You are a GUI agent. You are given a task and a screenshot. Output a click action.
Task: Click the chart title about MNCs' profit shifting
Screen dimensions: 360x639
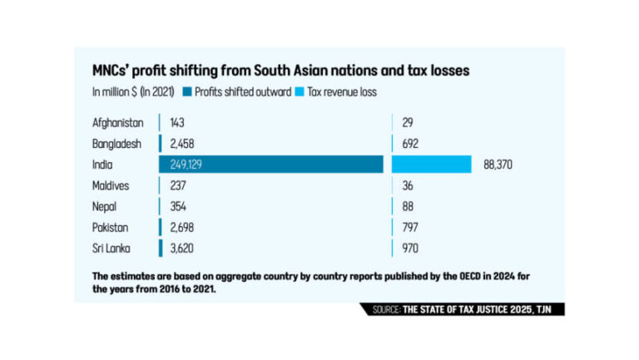(281, 71)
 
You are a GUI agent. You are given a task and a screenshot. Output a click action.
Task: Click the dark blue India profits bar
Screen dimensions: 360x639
(271, 165)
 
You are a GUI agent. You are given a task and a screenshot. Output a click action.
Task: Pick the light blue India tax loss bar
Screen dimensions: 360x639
(432, 165)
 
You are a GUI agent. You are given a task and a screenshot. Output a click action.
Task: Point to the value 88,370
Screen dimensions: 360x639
(498, 165)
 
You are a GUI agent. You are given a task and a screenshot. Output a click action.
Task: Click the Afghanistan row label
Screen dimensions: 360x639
(117, 122)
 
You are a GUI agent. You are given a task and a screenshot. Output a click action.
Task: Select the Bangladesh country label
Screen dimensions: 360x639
(117, 143)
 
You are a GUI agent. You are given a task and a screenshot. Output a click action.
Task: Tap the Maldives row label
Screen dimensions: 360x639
(112, 185)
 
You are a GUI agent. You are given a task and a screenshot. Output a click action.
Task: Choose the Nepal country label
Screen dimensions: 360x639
(106, 206)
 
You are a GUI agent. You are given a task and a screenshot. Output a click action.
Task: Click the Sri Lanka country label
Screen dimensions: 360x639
(113, 248)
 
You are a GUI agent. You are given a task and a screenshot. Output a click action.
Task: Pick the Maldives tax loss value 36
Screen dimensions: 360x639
(406, 185)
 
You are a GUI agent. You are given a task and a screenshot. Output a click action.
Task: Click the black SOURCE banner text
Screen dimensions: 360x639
(463, 309)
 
